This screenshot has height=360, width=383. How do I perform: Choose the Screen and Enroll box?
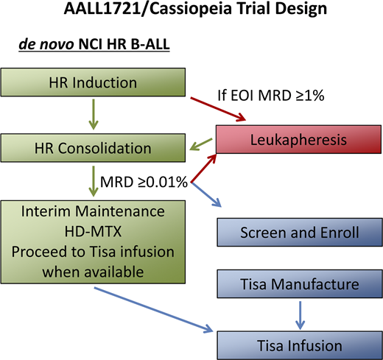click(x=299, y=234)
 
